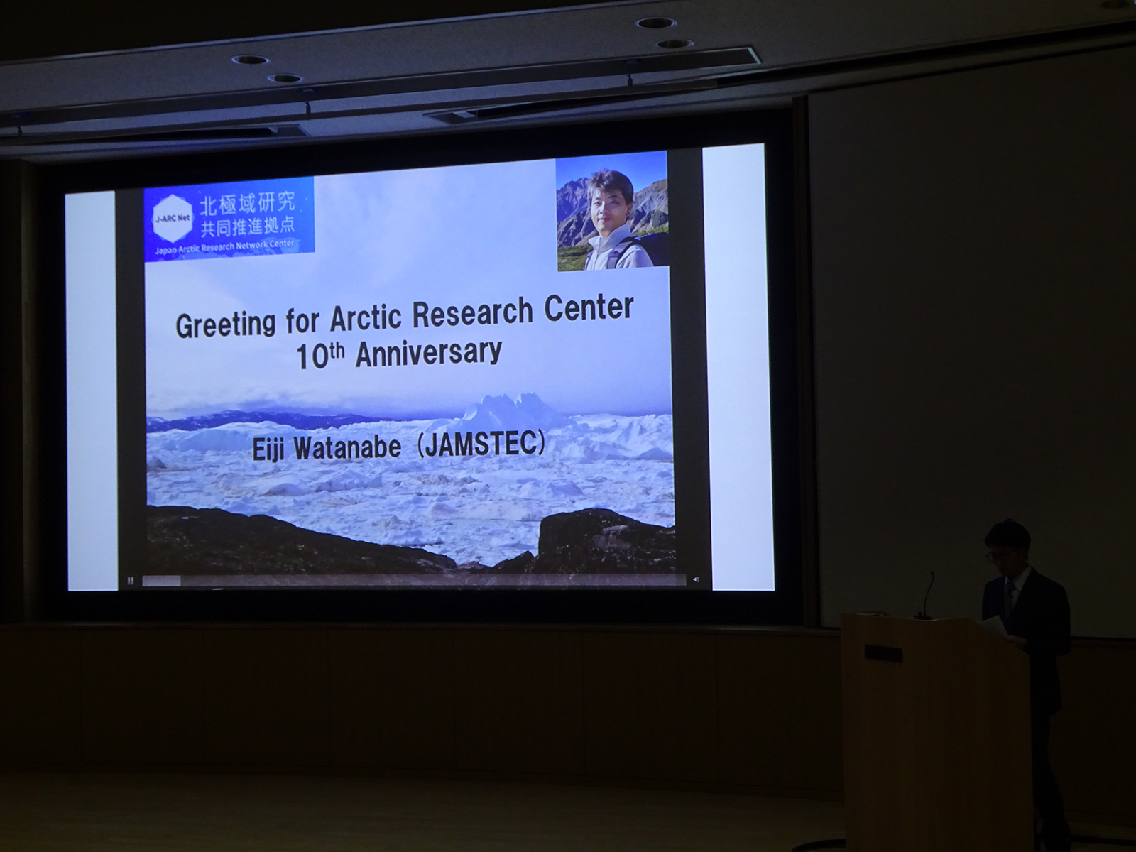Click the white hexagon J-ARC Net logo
[173, 219]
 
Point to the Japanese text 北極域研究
[247, 203]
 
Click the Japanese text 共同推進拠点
[247, 226]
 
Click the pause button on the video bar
[131, 581]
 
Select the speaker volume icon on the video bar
[696, 579]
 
